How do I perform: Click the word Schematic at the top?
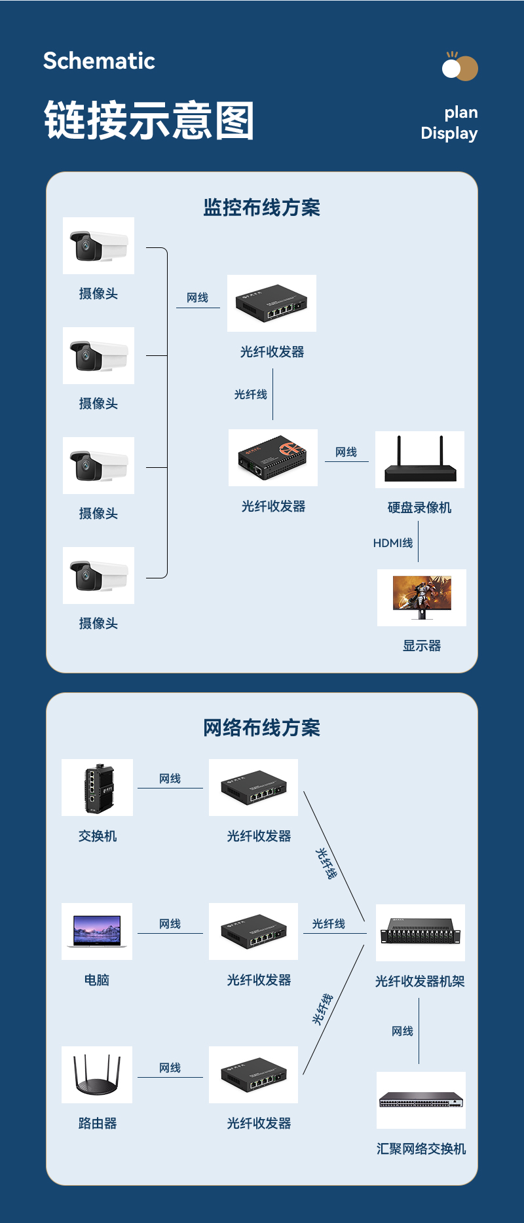(99, 61)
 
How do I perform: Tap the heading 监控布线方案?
(261, 207)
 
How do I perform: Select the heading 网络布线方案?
(261, 728)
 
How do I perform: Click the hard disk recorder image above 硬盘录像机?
(420, 459)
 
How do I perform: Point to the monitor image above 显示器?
(422, 597)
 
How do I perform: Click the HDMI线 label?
(393, 543)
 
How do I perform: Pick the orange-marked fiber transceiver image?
(273, 457)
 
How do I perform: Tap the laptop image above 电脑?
(97, 931)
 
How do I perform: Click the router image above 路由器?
(97, 1074)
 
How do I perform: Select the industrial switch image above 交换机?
(98, 787)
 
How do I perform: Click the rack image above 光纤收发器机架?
(421, 932)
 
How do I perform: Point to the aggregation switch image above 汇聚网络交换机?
(421, 1100)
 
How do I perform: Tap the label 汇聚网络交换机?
(421, 1149)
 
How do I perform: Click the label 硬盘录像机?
(419, 508)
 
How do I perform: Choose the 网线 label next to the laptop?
(170, 924)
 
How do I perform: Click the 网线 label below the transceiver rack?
(402, 1031)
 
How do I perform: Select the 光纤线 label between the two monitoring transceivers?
(251, 395)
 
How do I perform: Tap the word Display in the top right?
(449, 133)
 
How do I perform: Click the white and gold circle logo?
(460, 67)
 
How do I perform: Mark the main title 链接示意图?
(149, 120)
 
